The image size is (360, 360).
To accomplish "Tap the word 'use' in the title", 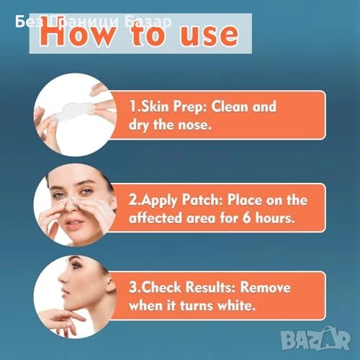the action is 210,35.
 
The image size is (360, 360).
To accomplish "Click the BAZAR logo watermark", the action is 316,338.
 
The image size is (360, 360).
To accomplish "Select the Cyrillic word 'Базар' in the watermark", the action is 148,22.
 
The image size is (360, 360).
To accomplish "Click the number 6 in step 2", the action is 246,218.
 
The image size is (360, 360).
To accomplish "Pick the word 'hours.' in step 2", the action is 275,218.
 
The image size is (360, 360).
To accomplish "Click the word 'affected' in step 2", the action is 156,218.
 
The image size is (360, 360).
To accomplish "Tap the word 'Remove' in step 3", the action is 266,287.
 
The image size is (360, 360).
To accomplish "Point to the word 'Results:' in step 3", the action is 211,287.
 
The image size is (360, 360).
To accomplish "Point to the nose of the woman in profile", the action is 62,279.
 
